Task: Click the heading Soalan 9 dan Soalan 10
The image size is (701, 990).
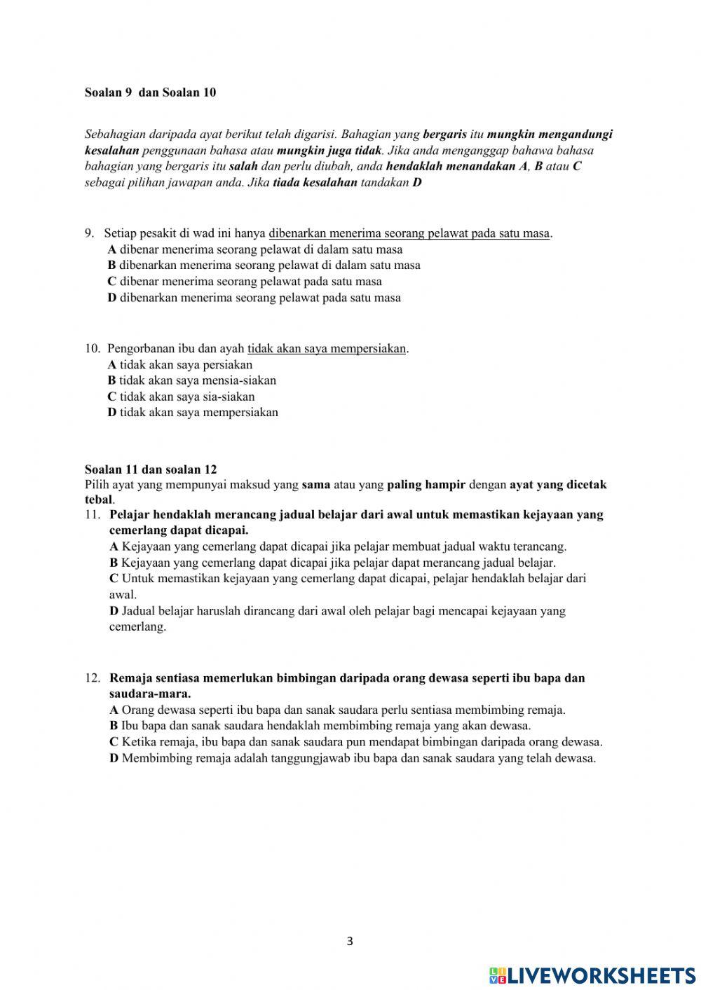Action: pyautogui.click(x=150, y=92)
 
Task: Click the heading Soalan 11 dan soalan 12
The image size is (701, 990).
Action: pyautogui.click(x=151, y=469)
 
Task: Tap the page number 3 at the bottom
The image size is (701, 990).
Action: pyautogui.click(x=350, y=941)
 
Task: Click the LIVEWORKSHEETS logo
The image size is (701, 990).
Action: pyautogui.click(x=592, y=975)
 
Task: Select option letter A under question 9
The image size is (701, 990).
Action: pyautogui.click(x=112, y=249)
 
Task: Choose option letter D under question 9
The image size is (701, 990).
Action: pyautogui.click(x=112, y=298)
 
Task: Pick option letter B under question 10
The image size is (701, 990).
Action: pyautogui.click(x=111, y=380)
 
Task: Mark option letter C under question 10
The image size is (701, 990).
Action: pyautogui.click(x=111, y=397)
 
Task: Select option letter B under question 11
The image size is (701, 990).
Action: pyautogui.click(x=114, y=563)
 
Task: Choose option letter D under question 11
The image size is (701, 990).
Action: pyautogui.click(x=114, y=611)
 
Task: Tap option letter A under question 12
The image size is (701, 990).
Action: pyautogui.click(x=114, y=710)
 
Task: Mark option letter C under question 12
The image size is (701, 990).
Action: pyautogui.click(x=114, y=742)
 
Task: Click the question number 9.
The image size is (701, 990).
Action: pyautogui.click(x=89, y=233)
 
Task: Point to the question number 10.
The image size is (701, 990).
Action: pyautogui.click(x=92, y=348)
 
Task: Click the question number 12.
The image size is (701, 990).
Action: pyautogui.click(x=93, y=678)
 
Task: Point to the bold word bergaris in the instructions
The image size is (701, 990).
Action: pyautogui.click(x=444, y=135)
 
